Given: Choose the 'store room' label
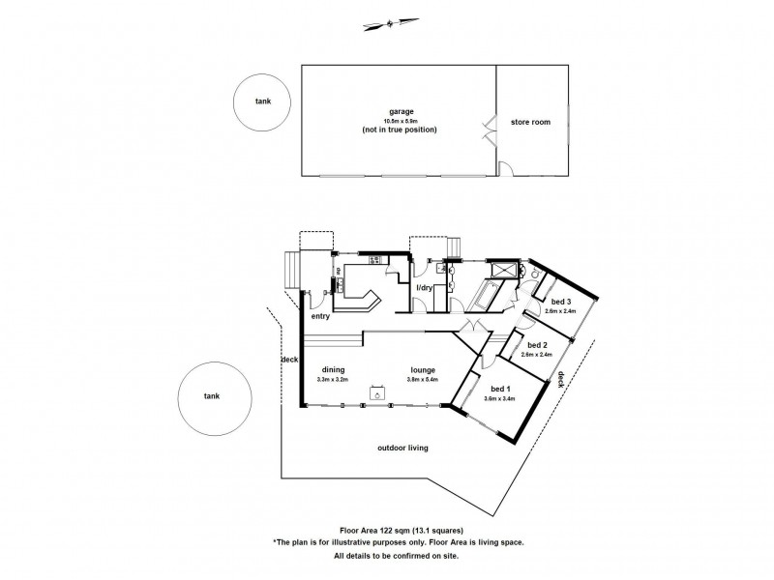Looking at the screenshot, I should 530,122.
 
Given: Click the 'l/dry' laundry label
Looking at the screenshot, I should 424,288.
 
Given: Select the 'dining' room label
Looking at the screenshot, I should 335,370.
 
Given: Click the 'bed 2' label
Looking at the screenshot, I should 537,346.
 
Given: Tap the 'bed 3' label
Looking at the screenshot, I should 562,303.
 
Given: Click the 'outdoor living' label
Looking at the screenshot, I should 403,449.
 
